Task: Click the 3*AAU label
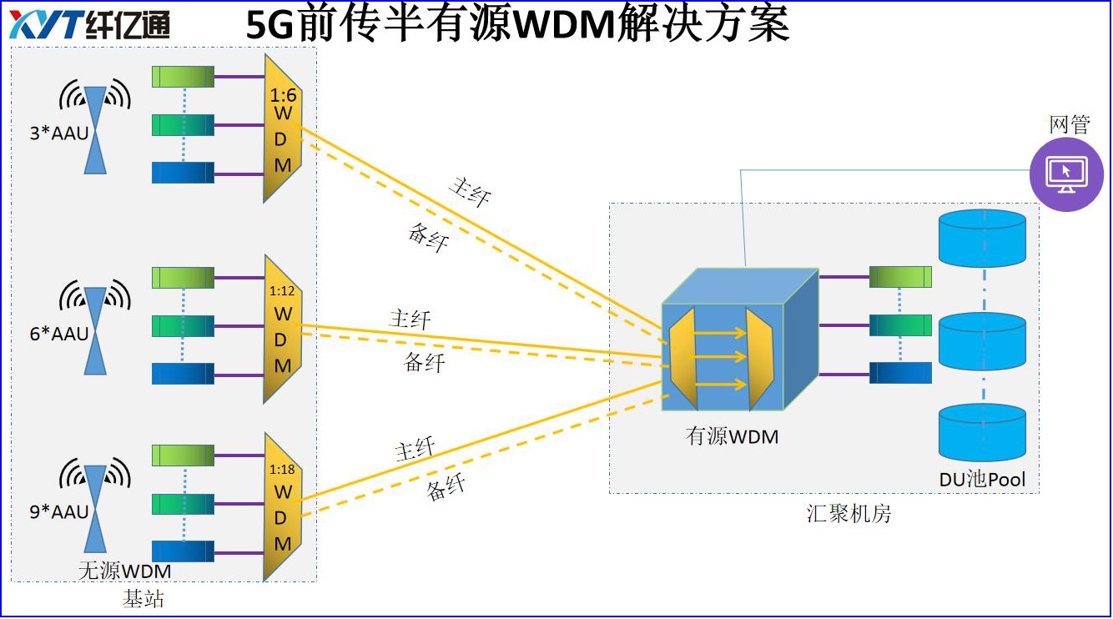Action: pyautogui.click(x=58, y=133)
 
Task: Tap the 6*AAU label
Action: pyautogui.click(x=58, y=335)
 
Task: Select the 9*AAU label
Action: pyautogui.click(x=58, y=512)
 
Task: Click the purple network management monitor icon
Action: pyautogui.click(x=1066, y=174)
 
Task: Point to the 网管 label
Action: pyautogui.click(x=1069, y=125)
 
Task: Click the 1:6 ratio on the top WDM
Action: pyautogui.click(x=283, y=96)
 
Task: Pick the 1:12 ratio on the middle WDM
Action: pyautogui.click(x=282, y=292)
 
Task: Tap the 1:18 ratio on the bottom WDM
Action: pyautogui.click(x=282, y=470)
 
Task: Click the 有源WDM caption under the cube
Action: pyautogui.click(x=732, y=435)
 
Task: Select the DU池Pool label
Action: pyautogui.click(x=982, y=479)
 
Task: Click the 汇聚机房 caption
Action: pyautogui.click(x=849, y=513)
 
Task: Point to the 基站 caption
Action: pyautogui.click(x=144, y=599)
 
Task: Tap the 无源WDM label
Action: pyautogui.click(x=124, y=571)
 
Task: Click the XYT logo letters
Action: pyautogui.click(x=47, y=26)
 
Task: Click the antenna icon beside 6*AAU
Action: pyautogui.click(x=96, y=331)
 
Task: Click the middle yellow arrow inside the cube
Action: pyautogui.click(x=721, y=357)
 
